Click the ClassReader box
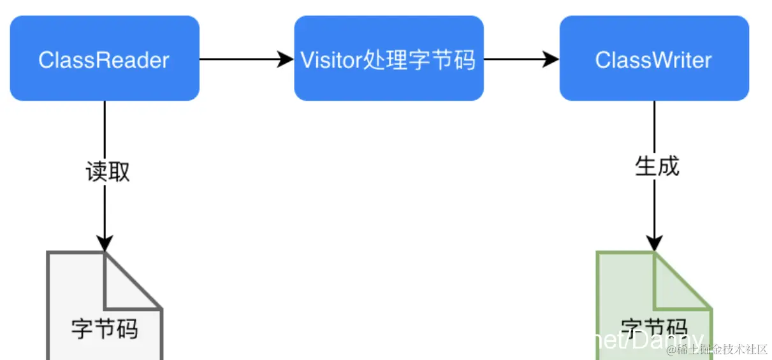click(x=105, y=59)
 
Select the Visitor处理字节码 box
click(x=388, y=59)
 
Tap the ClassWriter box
click(x=654, y=59)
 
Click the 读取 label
click(x=107, y=171)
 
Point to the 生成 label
click(x=657, y=166)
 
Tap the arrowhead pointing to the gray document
click(x=105, y=243)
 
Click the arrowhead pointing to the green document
click(x=655, y=243)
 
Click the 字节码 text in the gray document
click(x=105, y=329)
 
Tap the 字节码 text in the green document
click(x=654, y=329)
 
